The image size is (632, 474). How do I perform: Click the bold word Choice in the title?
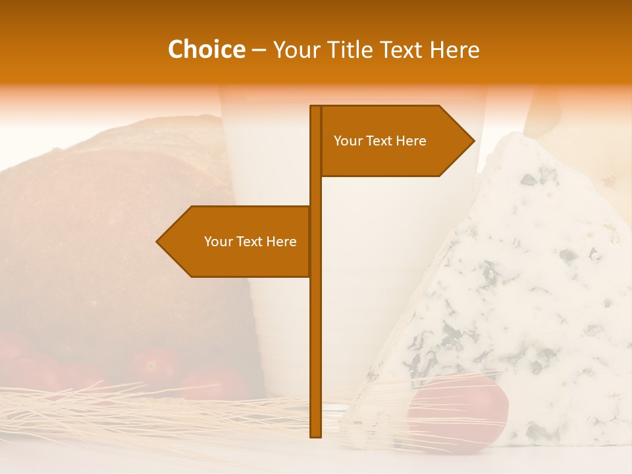coord(206,50)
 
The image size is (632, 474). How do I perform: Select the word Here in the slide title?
coord(454,50)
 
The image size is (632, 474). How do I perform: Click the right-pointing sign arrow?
coord(395,141)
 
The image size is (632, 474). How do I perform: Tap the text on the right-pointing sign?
coord(380,141)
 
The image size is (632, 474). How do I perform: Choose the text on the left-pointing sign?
coord(250,242)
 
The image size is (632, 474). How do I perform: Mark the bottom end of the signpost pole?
coord(315,435)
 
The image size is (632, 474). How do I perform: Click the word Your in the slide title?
coord(297,50)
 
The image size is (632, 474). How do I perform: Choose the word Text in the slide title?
coord(402,50)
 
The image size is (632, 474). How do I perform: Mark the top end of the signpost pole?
coord(315,107)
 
